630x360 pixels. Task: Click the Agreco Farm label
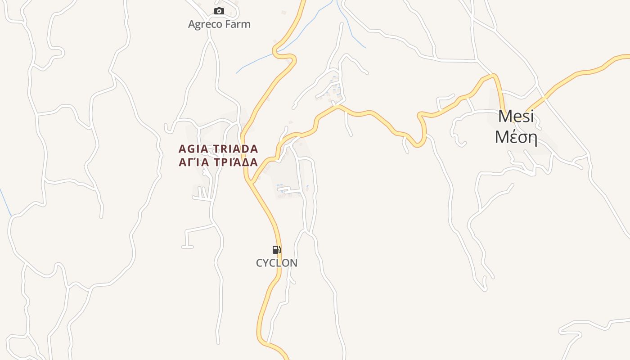coord(219,24)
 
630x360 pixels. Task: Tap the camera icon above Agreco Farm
coord(219,11)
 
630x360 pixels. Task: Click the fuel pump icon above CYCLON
coord(277,250)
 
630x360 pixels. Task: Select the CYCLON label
coord(277,263)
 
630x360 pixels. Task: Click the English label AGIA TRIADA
coord(218,149)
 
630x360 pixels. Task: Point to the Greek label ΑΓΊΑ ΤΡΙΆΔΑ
coord(218,162)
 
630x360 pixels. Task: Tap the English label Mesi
coord(516,117)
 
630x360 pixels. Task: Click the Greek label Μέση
coord(516,137)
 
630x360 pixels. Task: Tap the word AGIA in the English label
coord(192,149)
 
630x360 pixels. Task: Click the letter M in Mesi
coord(505,117)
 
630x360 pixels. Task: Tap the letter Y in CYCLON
coord(266,263)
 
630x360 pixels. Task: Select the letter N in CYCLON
coord(293,263)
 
